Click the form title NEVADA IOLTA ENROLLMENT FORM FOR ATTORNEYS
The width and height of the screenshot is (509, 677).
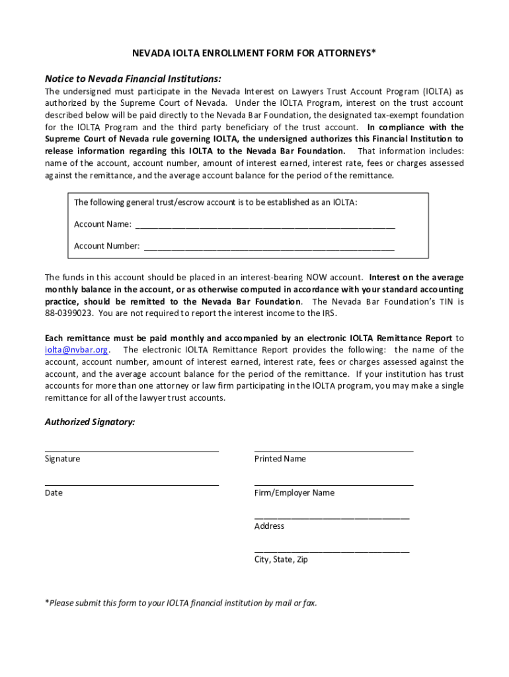[254, 53]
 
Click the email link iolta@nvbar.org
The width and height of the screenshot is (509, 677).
[76, 350]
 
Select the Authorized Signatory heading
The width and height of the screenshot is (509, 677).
[90, 422]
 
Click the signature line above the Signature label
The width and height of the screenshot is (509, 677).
[132, 450]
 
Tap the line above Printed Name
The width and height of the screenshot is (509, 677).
[333, 450]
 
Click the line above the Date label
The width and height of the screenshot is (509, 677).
[132, 485]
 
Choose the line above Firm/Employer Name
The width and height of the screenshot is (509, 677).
[333, 485]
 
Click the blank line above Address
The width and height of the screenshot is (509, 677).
[332, 518]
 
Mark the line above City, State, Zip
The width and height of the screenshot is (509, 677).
[332, 551]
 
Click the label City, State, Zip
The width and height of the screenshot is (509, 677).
[281, 559]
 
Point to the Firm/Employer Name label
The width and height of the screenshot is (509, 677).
[294, 493]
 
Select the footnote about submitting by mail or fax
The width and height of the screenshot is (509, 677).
[180, 602]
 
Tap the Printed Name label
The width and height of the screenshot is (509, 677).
[280, 459]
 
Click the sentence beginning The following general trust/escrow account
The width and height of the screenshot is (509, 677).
[215, 202]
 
